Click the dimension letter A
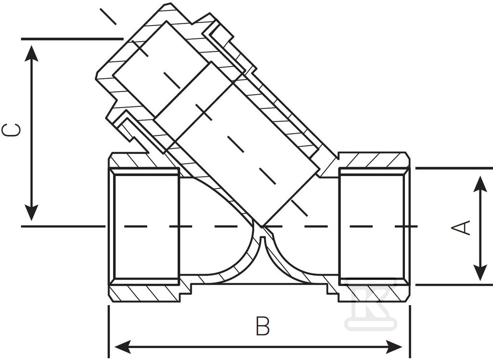coord(461,227)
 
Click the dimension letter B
coord(262,326)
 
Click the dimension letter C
coord(12,130)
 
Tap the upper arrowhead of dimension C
coord(31,53)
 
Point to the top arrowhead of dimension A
coord(480,184)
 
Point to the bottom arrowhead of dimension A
coord(480,272)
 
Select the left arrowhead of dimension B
coord(123,347)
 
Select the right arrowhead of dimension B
coord(394,347)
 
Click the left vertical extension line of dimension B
coord(109,332)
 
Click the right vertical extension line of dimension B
coord(410,332)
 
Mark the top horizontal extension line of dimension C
coord(72,39)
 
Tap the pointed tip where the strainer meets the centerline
coord(261,226)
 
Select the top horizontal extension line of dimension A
coord(454,168)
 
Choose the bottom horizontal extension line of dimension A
coord(454,285)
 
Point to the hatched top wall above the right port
coord(374,160)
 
